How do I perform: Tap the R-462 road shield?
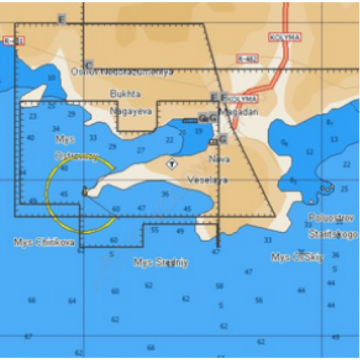tap(247, 58)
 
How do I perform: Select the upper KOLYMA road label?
tap(284, 37)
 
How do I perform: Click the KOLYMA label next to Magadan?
tap(242, 99)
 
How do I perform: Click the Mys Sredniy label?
tap(161, 262)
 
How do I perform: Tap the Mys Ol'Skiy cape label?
tap(297, 257)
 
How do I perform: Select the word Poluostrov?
tap(328, 217)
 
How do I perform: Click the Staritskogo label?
tap(333, 234)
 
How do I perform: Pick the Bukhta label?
tap(125, 94)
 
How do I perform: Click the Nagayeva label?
tap(127, 112)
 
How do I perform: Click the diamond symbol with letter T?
tap(171, 163)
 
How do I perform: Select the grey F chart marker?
tap(224, 96)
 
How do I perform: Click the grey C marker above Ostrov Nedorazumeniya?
tap(89, 65)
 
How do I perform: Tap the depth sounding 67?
tap(28, 336)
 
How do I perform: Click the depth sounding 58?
tap(220, 286)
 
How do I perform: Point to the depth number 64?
tap(71, 301)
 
